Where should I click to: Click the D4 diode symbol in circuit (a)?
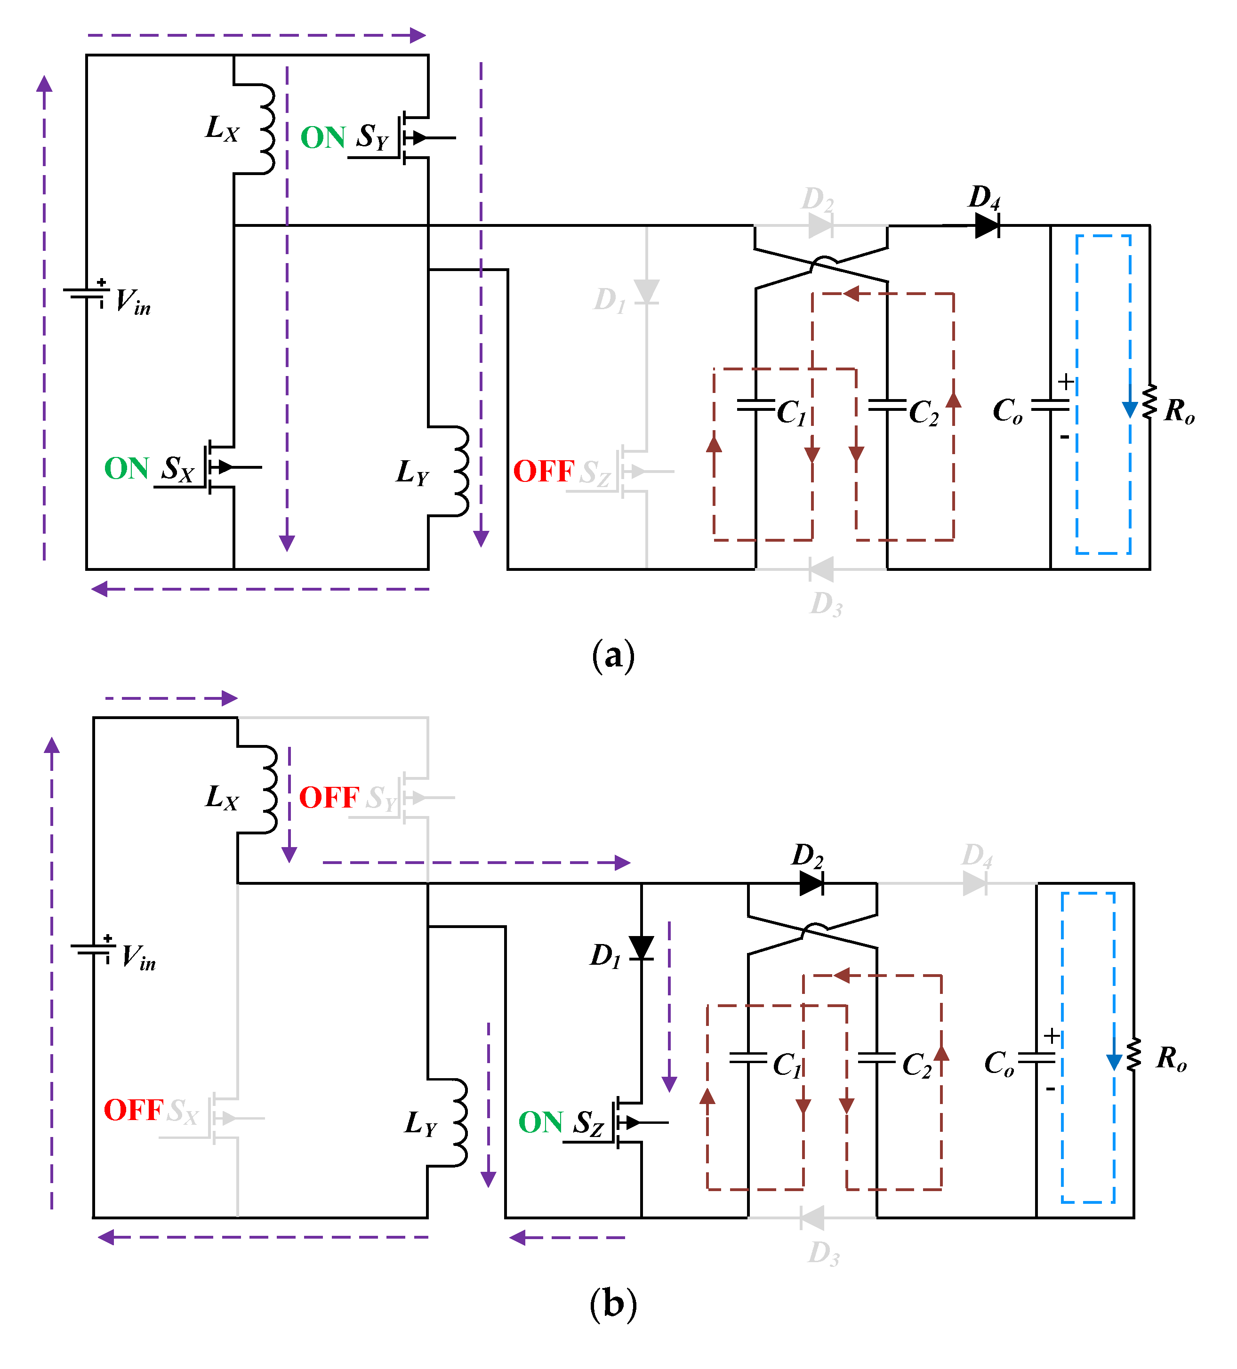tap(986, 225)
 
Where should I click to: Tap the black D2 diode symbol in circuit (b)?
tap(812, 883)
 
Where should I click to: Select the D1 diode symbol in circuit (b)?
tap(641, 948)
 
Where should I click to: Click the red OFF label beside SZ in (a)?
tap(544, 471)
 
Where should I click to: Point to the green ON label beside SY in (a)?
tap(323, 138)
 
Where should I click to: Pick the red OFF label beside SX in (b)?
tap(133, 1110)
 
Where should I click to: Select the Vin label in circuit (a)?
tap(132, 301)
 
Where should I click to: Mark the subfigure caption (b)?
tap(613, 1304)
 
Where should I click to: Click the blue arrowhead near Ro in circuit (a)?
tap(1130, 409)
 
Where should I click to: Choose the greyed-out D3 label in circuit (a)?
tap(826, 603)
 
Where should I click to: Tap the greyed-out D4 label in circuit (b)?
tap(977, 856)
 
